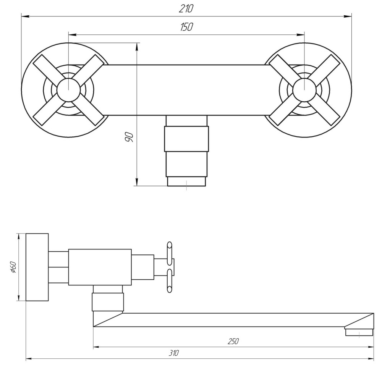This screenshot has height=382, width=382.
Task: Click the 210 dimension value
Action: pyautogui.click(x=186, y=8)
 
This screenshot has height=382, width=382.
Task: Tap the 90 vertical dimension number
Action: pyautogui.click(x=129, y=136)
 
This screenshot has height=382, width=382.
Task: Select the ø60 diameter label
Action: pyautogui.click(x=12, y=267)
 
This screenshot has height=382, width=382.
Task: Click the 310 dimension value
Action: pyautogui.click(x=173, y=353)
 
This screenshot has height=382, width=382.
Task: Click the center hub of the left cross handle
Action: pyautogui.click(x=68, y=90)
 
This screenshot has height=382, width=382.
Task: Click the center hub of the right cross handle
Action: pyautogui.click(x=304, y=90)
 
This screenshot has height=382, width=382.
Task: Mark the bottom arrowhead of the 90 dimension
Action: pyautogui.click(x=136, y=182)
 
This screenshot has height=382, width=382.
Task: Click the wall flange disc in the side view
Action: pyautogui.click(x=37, y=267)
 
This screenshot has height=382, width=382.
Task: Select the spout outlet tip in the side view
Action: pyautogui.click(x=359, y=332)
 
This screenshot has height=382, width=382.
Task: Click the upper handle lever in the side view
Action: pyautogui.click(x=170, y=252)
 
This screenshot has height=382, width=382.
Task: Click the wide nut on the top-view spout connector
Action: pyautogui.click(x=186, y=139)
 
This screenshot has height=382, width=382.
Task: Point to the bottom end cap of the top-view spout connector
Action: pyautogui.click(x=186, y=181)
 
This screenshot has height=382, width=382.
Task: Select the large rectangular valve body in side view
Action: pyautogui.click(x=100, y=267)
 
